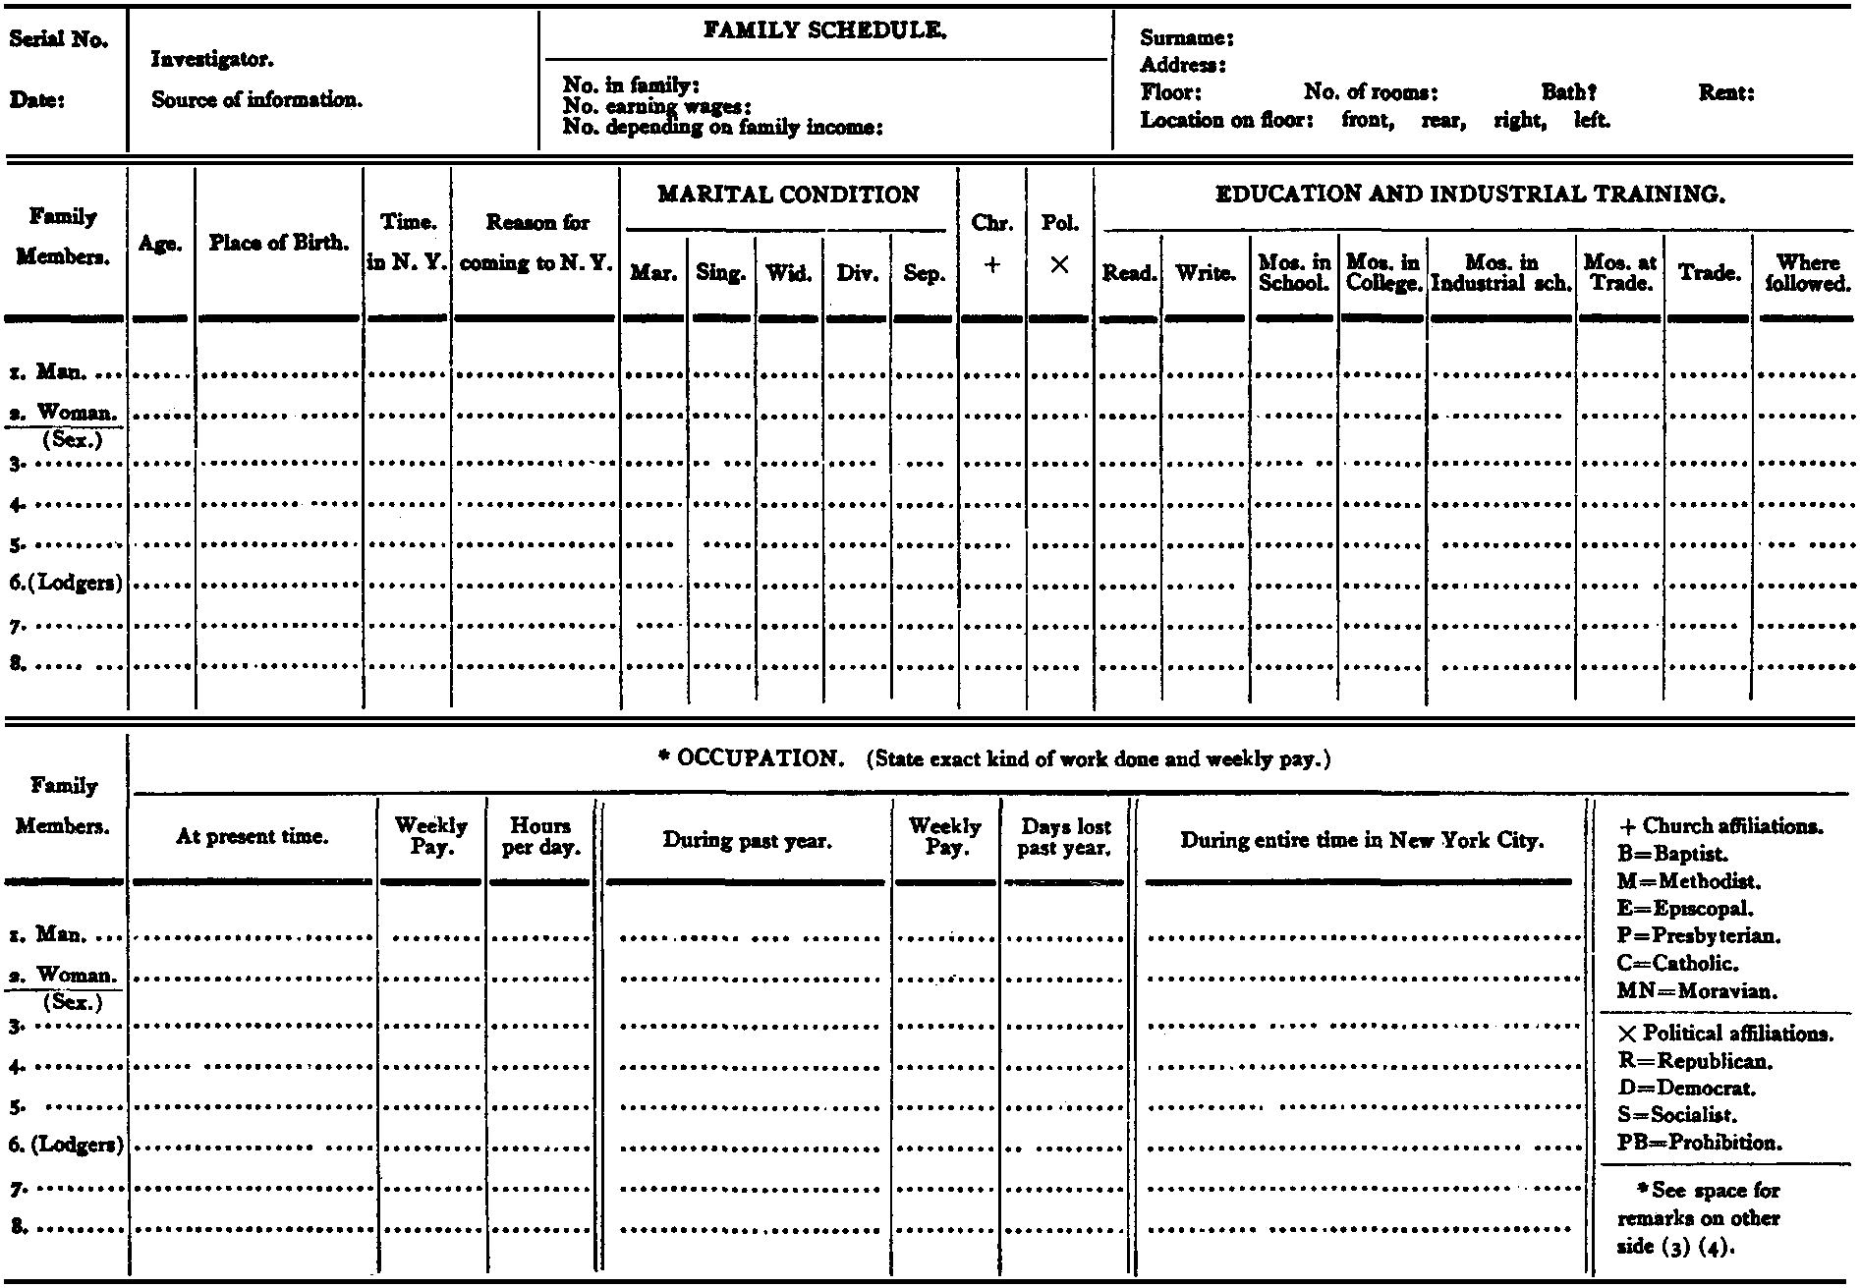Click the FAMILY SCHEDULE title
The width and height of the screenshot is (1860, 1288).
click(x=824, y=32)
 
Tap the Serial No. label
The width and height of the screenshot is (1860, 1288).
click(x=59, y=40)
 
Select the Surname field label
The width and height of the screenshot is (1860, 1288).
click(x=1186, y=39)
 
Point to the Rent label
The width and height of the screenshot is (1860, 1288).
click(x=1726, y=93)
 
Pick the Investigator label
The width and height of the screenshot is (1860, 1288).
click(x=211, y=60)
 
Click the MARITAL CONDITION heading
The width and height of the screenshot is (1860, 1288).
click(x=788, y=195)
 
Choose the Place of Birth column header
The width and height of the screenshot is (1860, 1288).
click(x=279, y=243)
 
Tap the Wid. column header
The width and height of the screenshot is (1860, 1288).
click(x=789, y=273)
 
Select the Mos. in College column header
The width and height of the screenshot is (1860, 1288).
click(x=1382, y=273)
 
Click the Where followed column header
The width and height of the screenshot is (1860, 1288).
click(x=1807, y=273)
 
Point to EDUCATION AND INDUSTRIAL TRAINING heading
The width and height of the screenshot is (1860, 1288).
click(x=1471, y=195)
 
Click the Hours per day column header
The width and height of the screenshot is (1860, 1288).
click(x=540, y=836)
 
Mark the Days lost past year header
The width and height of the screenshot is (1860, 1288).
click(x=1064, y=837)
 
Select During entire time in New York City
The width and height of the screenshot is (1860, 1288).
click(x=1362, y=840)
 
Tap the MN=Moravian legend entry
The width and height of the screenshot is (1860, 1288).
click(x=1696, y=991)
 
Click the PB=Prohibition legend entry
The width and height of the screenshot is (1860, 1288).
click(x=1699, y=1143)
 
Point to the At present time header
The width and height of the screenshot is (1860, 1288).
click(x=253, y=837)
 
